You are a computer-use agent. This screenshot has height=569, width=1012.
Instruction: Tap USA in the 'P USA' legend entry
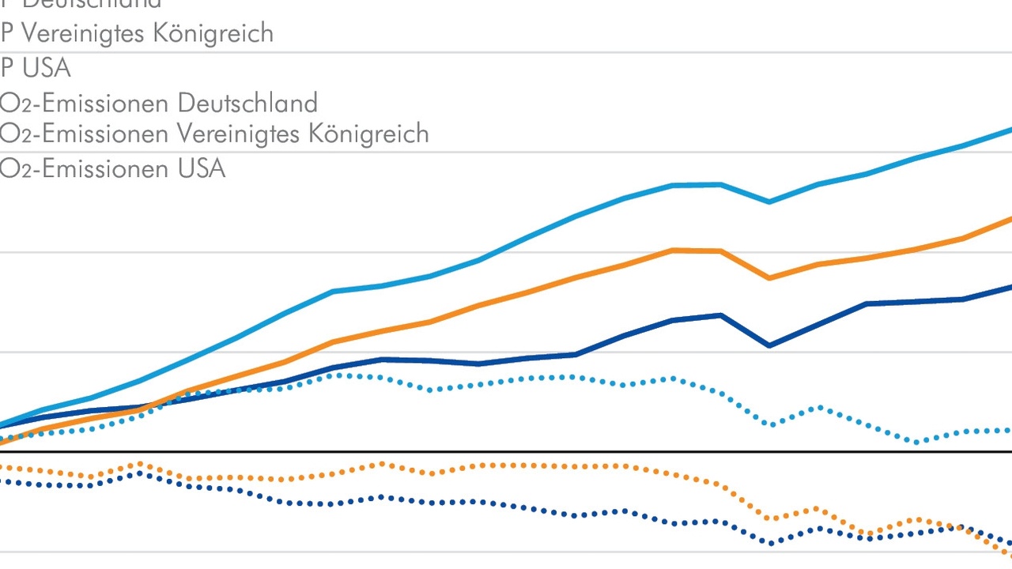pos(47,68)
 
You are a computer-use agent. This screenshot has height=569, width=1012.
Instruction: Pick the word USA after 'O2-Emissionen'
pos(202,168)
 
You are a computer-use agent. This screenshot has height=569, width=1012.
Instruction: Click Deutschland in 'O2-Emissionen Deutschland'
pos(247,103)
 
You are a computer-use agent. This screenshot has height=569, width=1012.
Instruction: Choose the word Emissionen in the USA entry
pos(105,168)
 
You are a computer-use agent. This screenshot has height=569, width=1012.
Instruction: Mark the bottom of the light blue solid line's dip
pos(768,202)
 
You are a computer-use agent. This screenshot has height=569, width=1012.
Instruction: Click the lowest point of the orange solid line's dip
pos(768,278)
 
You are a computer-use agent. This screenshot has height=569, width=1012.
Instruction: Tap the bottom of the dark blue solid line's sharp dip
pos(768,346)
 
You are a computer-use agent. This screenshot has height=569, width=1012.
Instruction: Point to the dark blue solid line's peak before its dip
pos(719,315)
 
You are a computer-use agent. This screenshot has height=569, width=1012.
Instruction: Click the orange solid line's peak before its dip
pos(672,250)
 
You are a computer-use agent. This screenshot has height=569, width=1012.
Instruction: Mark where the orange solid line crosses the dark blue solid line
pos(162,401)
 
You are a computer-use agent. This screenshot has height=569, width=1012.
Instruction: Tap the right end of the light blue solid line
pos(1009,130)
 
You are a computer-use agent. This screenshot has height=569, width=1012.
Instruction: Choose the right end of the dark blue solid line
pos(1009,288)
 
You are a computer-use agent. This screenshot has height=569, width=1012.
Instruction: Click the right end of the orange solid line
pos(1009,219)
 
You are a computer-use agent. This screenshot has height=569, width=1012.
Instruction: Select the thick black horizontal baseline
pos(506,452)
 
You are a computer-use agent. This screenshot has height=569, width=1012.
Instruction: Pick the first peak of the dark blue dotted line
pos(141,473)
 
